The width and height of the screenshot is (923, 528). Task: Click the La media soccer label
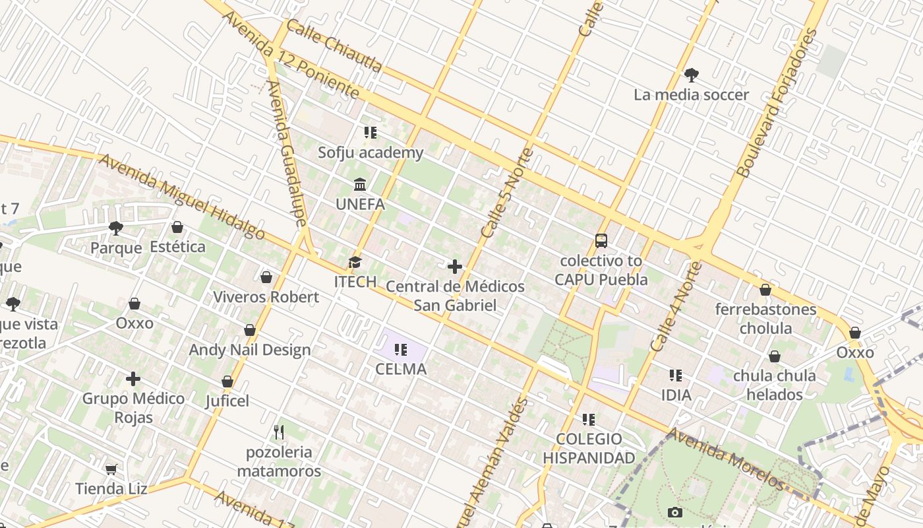click(691, 94)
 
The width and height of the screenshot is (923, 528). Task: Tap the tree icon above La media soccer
click(691, 75)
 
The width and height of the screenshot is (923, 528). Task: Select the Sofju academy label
click(371, 152)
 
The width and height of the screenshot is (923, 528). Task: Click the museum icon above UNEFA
click(360, 184)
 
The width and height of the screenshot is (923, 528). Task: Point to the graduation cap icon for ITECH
click(355, 263)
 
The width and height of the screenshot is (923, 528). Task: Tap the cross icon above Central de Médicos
click(455, 267)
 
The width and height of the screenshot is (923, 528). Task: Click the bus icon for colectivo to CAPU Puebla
click(601, 240)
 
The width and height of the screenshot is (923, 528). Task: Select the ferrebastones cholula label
click(765, 318)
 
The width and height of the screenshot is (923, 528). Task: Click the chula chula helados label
click(774, 385)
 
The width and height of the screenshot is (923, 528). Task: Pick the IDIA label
click(676, 395)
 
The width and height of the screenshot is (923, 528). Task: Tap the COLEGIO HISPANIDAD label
click(589, 448)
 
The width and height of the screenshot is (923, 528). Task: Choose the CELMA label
click(401, 369)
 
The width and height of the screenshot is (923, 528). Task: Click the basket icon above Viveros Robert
click(266, 277)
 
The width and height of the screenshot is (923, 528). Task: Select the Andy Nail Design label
click(250, 350)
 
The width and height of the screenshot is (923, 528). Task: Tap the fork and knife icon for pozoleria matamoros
click(279, 432)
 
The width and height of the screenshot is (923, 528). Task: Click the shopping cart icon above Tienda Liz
click(111, 469)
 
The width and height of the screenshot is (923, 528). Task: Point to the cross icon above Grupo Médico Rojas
click(133, 379)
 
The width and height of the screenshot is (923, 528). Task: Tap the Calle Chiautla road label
click(334, 46)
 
